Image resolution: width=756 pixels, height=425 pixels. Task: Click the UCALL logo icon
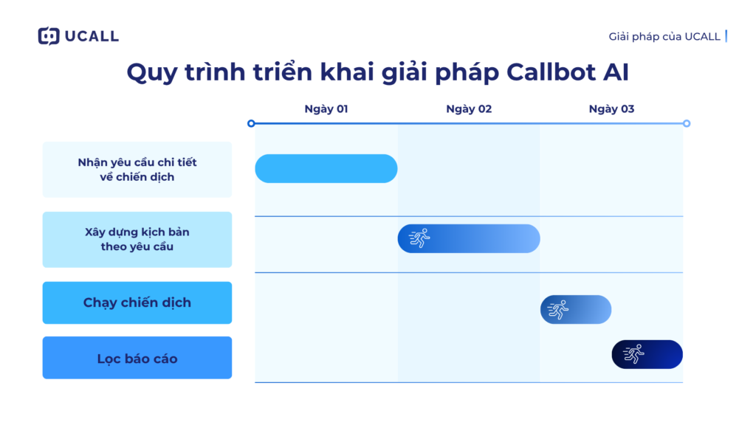coord(49,36)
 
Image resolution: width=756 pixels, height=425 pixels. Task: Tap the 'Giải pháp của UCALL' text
coord(664,36)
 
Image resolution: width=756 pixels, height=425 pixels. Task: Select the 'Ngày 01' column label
coord(326,109)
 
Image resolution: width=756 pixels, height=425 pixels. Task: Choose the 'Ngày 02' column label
coord(469,109)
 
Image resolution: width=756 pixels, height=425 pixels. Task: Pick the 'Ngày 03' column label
coord(611,109)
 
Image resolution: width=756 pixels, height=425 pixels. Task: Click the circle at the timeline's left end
coord(251,123)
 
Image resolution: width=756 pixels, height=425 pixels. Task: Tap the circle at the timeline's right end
coord(687,123)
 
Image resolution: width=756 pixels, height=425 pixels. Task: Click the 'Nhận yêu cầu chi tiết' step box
coord(137,170)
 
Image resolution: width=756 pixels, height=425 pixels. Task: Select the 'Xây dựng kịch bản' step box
coord(137,239)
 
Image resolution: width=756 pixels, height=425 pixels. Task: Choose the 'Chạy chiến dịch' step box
coord(137,303)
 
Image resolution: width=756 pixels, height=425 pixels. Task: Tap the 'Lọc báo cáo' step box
coord(137,359)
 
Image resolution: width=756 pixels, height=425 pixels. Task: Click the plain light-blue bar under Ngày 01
coord(326,168)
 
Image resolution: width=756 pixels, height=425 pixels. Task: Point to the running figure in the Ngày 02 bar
coord(419,238)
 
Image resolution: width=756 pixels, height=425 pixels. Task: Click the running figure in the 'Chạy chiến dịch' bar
coord(559,309)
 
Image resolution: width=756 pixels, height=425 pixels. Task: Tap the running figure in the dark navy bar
coord(633,354)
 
